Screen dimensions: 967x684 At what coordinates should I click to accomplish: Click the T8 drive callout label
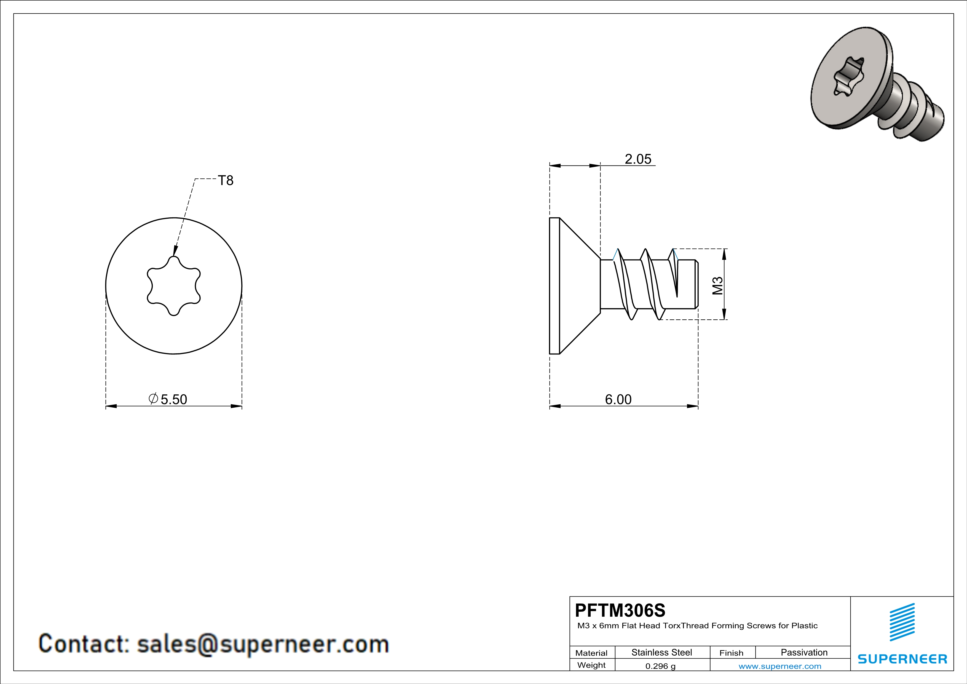pyautogui.click(x=226, y=180)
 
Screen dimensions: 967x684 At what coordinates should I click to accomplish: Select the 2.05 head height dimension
pyautogui.click(x=638, y=159)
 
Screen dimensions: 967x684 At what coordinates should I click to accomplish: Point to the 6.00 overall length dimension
pyautogui.click(x=618, y=399)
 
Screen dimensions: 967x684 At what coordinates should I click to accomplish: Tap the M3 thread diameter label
pyautogui.click(x=718, y=285)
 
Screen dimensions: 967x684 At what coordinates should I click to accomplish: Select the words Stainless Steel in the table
pyautogui.click(x=662, y=652)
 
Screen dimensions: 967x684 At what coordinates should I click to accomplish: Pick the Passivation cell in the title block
pyautogui.click(x=804, y=652)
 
